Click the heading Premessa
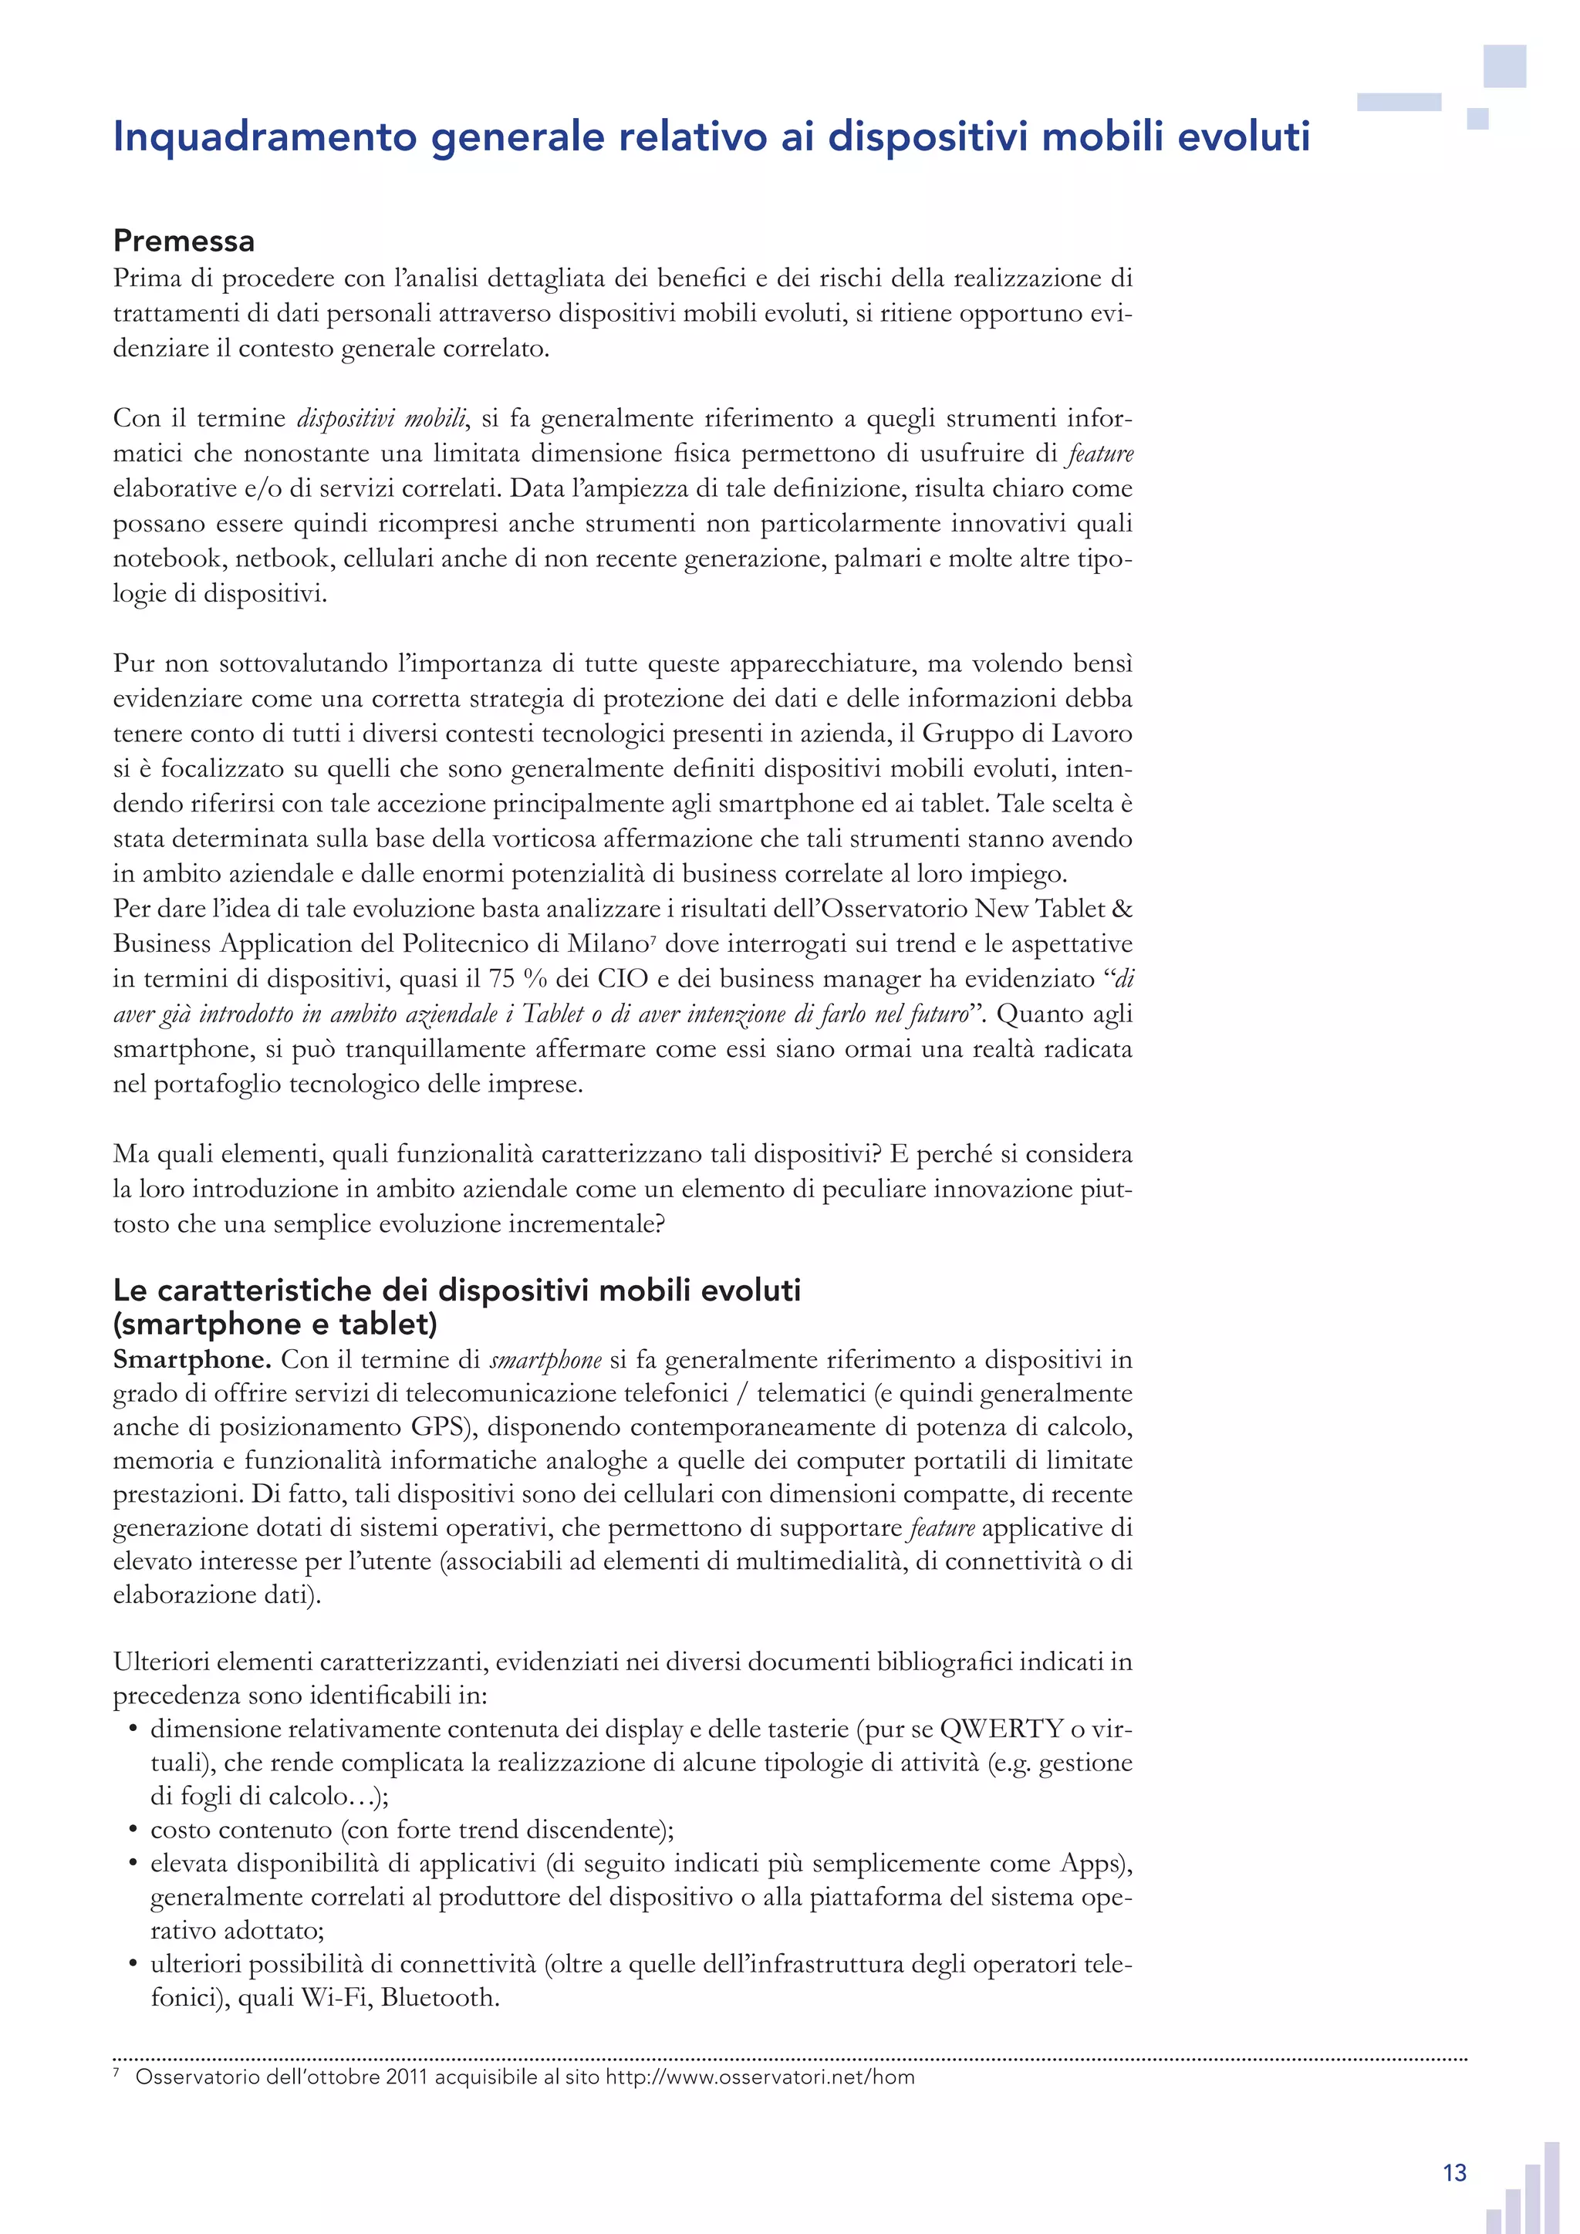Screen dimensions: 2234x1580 [184, 241]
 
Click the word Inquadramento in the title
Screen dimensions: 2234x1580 [265, 137]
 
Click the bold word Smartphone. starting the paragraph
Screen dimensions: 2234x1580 [191, 1359]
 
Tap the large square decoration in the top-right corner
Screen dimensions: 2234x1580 [1504, 66]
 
